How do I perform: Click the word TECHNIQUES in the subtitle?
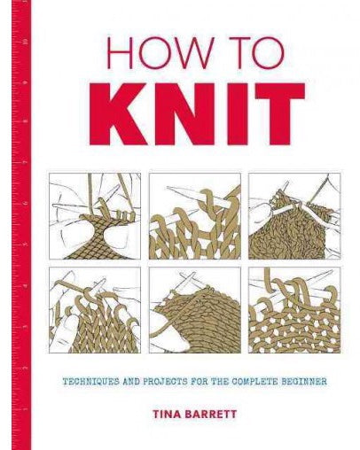pos(90,381)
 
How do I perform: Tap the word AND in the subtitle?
pos(131,381)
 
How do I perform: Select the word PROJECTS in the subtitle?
pos(166,381)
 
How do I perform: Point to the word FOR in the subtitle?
pos(200,381)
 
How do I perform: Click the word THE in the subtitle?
pos(221,381)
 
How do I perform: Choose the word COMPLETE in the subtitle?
pos(254,381)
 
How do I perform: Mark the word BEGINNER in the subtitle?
pos(303,381)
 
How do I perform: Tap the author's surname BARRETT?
pos(211,414)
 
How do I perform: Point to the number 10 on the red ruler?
pos(27,42)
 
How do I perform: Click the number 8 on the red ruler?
pos(27,121)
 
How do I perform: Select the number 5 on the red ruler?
pos(27,245)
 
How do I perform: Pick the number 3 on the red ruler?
pos(27,328)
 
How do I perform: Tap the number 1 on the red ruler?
pos(27,409)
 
